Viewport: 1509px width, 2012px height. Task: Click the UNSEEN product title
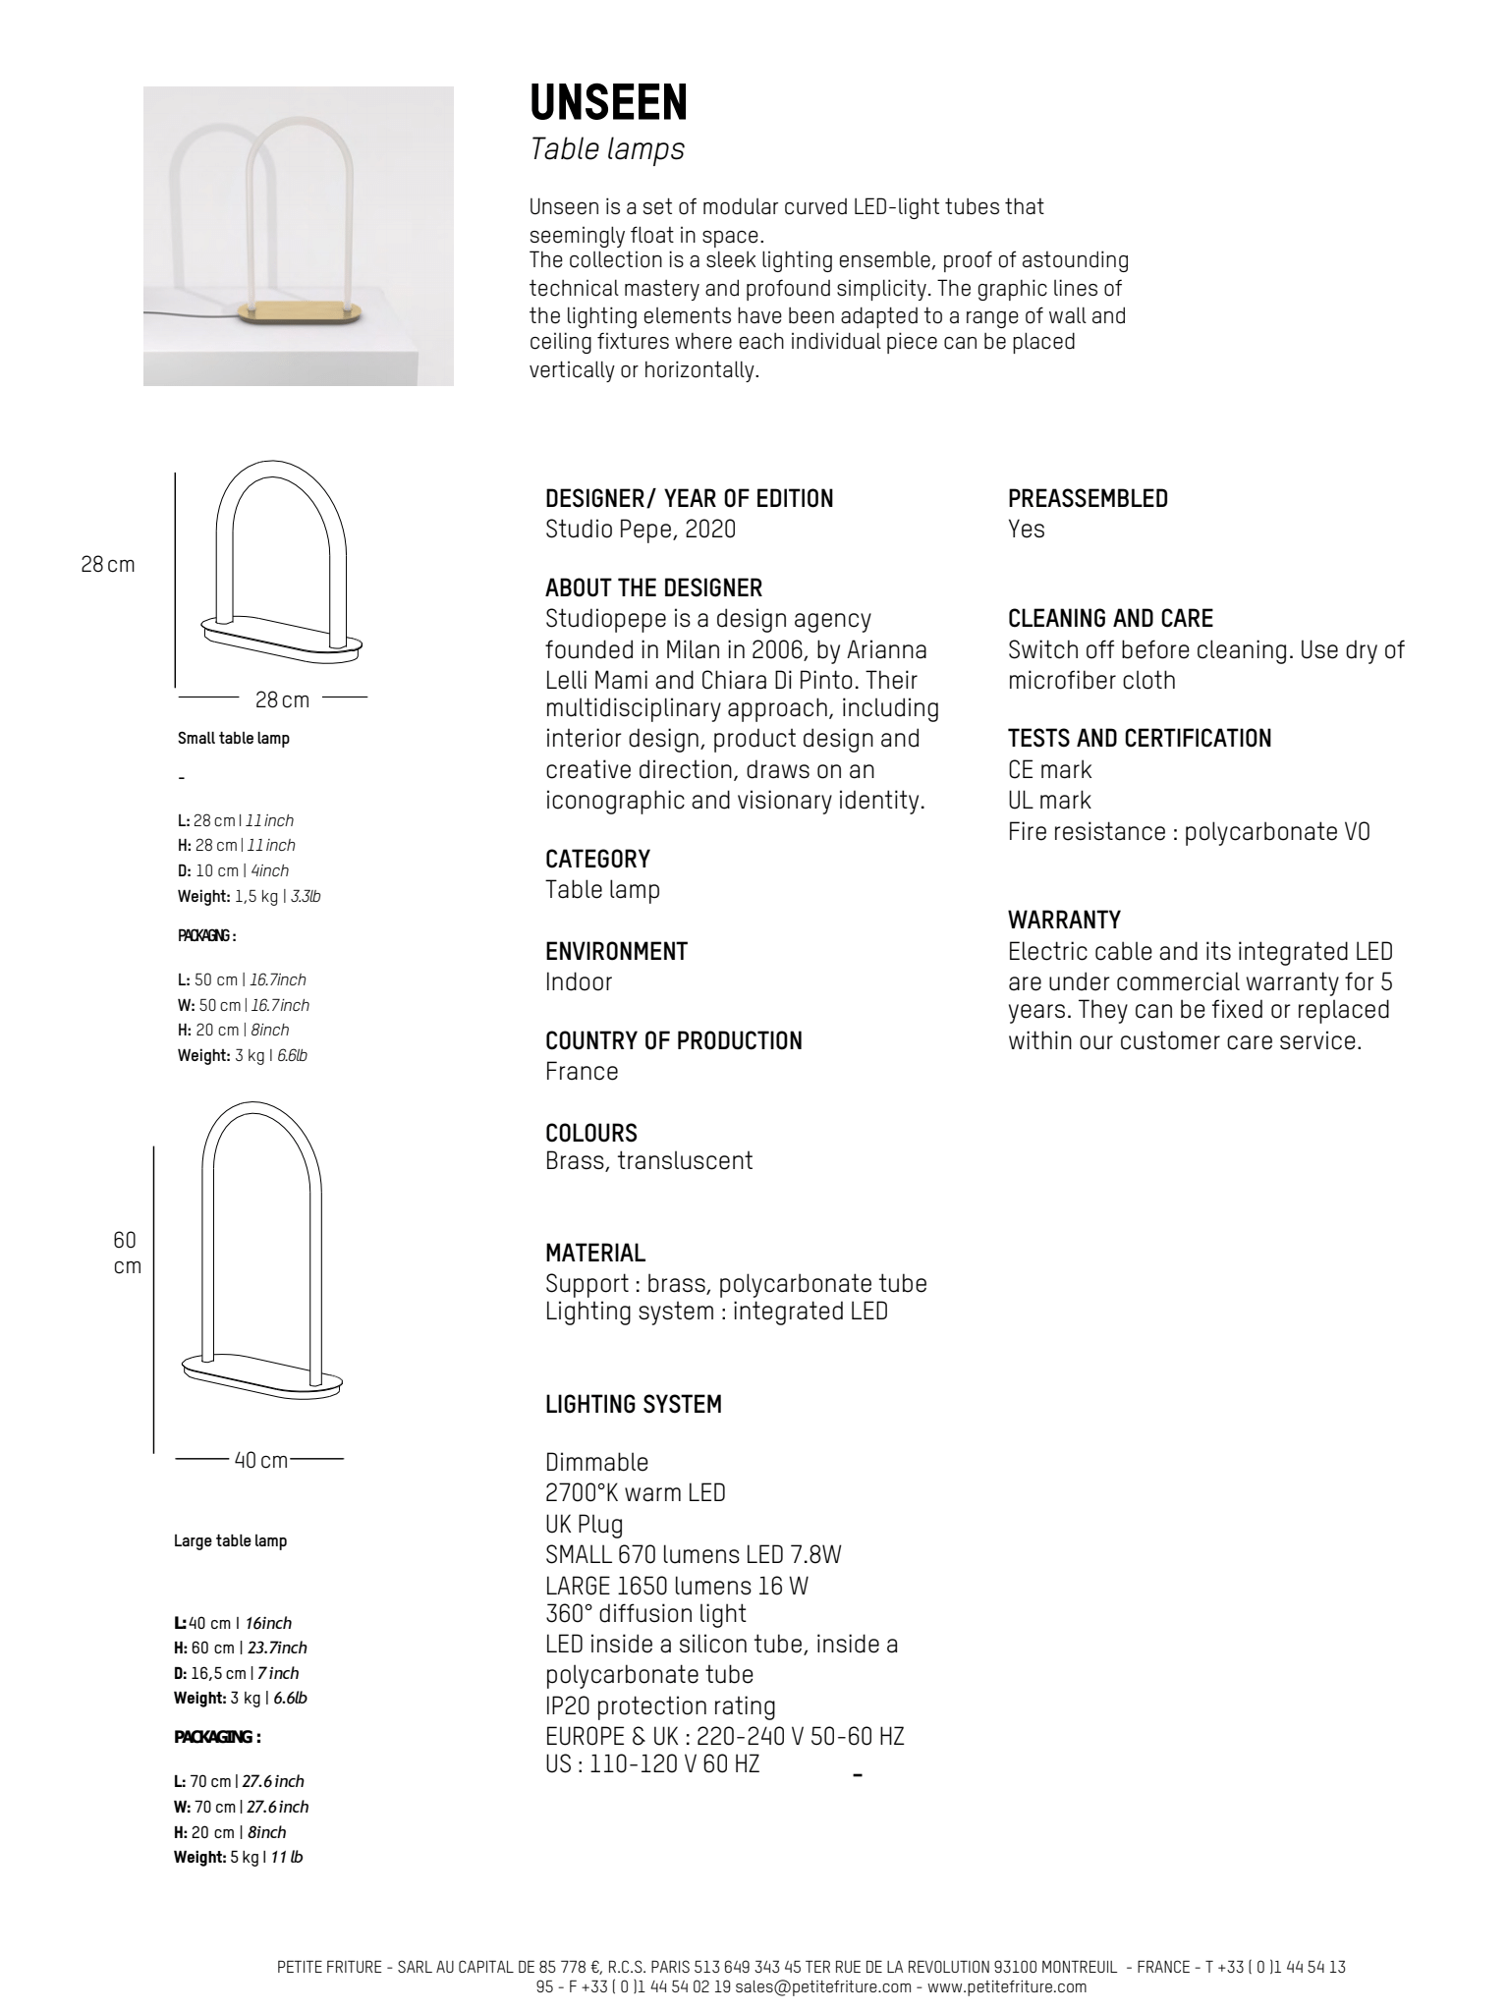(608, 102)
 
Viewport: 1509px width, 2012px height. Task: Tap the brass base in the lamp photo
(300, 313)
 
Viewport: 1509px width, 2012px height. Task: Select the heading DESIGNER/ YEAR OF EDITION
(689, 499)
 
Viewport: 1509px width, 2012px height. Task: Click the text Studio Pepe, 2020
(640, 530)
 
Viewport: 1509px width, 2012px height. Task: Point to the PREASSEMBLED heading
(1088, 499)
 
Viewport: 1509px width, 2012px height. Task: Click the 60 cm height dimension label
(126, 1253)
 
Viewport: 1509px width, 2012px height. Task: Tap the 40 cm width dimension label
(260, 1460)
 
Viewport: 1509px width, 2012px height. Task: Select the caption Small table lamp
(233, 738)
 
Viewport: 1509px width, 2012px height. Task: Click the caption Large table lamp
(230, 1540)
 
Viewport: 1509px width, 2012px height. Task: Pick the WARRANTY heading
(1064, 921)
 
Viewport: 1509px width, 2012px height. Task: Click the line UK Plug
(584, 1524)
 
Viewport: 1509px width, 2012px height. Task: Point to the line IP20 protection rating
(660, 1705)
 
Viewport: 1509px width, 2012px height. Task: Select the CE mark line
(1049, 770)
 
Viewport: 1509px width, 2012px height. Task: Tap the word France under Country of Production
(582, 1072)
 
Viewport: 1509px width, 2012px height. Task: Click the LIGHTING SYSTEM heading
(633, 1405)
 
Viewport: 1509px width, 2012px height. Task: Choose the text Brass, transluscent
(648, 1160)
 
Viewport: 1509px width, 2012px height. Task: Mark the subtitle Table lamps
(606, 149)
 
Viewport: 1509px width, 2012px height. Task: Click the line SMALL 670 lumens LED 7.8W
(693, 1554)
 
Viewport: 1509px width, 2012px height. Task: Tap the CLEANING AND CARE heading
(1110, 619)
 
